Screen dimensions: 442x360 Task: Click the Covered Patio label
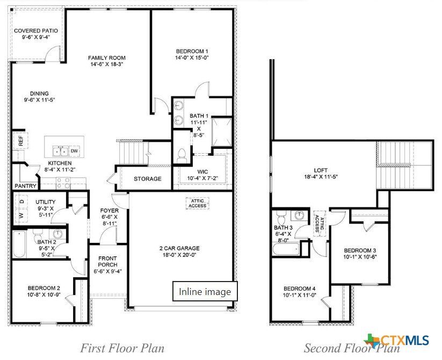pyautogui.click(x=36, y=31)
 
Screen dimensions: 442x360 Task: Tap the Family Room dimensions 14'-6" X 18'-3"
pyautogui.click(x=107, y=64)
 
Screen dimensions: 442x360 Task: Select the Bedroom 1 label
pyautogui.click(x=192, y=51)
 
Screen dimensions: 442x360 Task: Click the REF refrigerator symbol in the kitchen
pyautogui.click(x=20, y=140)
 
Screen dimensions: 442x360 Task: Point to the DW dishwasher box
pyautogui.click(x=74, y=151)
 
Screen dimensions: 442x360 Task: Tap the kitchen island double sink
pyautogui.click(x=61, y=151)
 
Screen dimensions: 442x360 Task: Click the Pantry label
pyautogui.click(x=26, y=186)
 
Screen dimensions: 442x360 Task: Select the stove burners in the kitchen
pyautogui.click(x=63, y=183)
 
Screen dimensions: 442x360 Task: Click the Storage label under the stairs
pyautogui.click(x=148, y=179)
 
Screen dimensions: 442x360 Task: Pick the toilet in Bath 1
pyautogui.click(x=182, y=156)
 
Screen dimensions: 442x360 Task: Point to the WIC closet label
pyautogui.click(x=202, y=172)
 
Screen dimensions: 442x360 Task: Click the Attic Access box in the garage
pyautogui.click(x=197, y=204)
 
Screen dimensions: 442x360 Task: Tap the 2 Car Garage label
pyautogui.click(x=179, y=248)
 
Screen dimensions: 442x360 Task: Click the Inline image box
pyautogui.click(x=205, y=291)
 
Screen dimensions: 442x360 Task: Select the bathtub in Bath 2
pyautogui.click(x=19, y=244)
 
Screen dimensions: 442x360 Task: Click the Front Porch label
pyautogui.click(x=108, y=262)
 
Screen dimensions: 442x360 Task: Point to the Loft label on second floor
pyautogui.click(x=321, y=170)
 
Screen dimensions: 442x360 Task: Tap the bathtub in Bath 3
pyautogui.click(x=286, y=249)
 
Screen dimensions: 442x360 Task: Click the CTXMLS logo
pyautogui.click(x=396, y=340)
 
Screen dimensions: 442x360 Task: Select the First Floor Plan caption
pyautogui.click(x=122, y=348)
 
